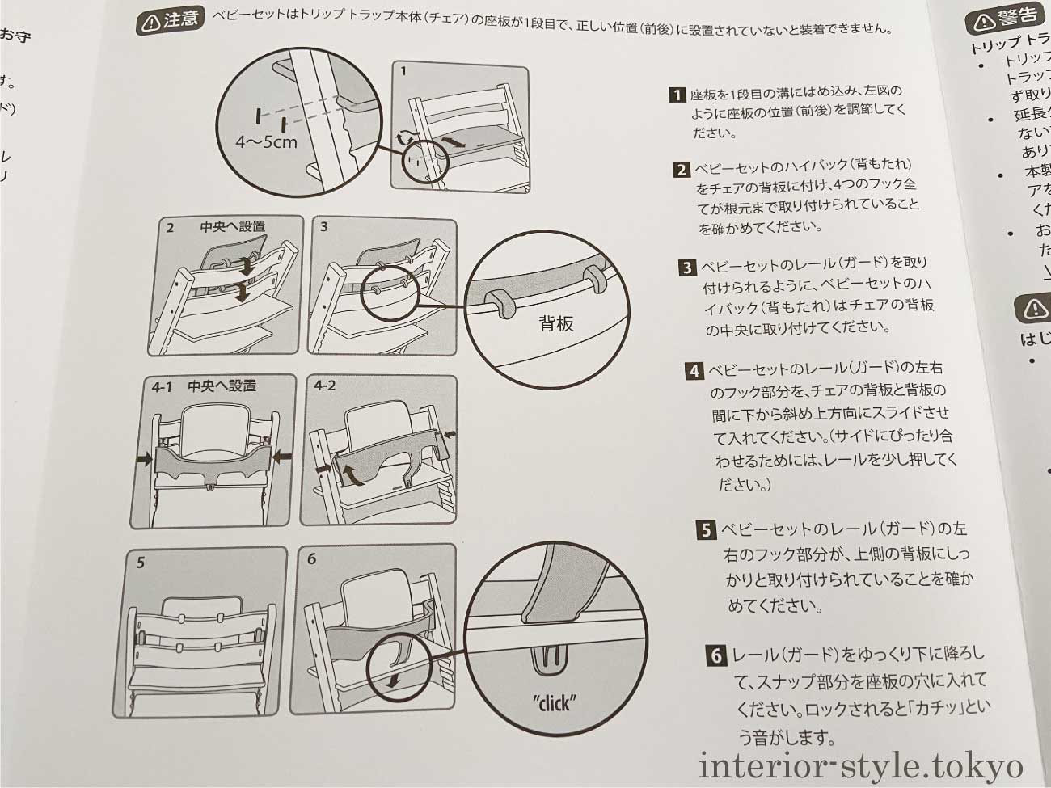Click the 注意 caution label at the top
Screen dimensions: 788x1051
(x=170, y=21)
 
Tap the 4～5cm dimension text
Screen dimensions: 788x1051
(x=266, y=142)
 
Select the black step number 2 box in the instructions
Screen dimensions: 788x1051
(x=681, y=169)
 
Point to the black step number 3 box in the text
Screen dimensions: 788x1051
(x=687, y=267)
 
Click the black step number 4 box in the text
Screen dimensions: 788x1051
(x=694, y=371)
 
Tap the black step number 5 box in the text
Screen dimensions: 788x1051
(x=706, y=530)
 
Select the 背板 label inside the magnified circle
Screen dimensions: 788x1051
(x=556, y=324)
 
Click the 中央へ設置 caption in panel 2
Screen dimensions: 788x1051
(x=233, y=227)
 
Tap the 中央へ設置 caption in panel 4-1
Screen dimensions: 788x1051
(x=222, y=386)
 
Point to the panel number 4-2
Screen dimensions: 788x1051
(x=324, y=386)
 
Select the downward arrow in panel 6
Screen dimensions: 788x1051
(x=393, y=681)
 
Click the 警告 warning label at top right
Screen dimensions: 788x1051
(x=1007, y=18)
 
